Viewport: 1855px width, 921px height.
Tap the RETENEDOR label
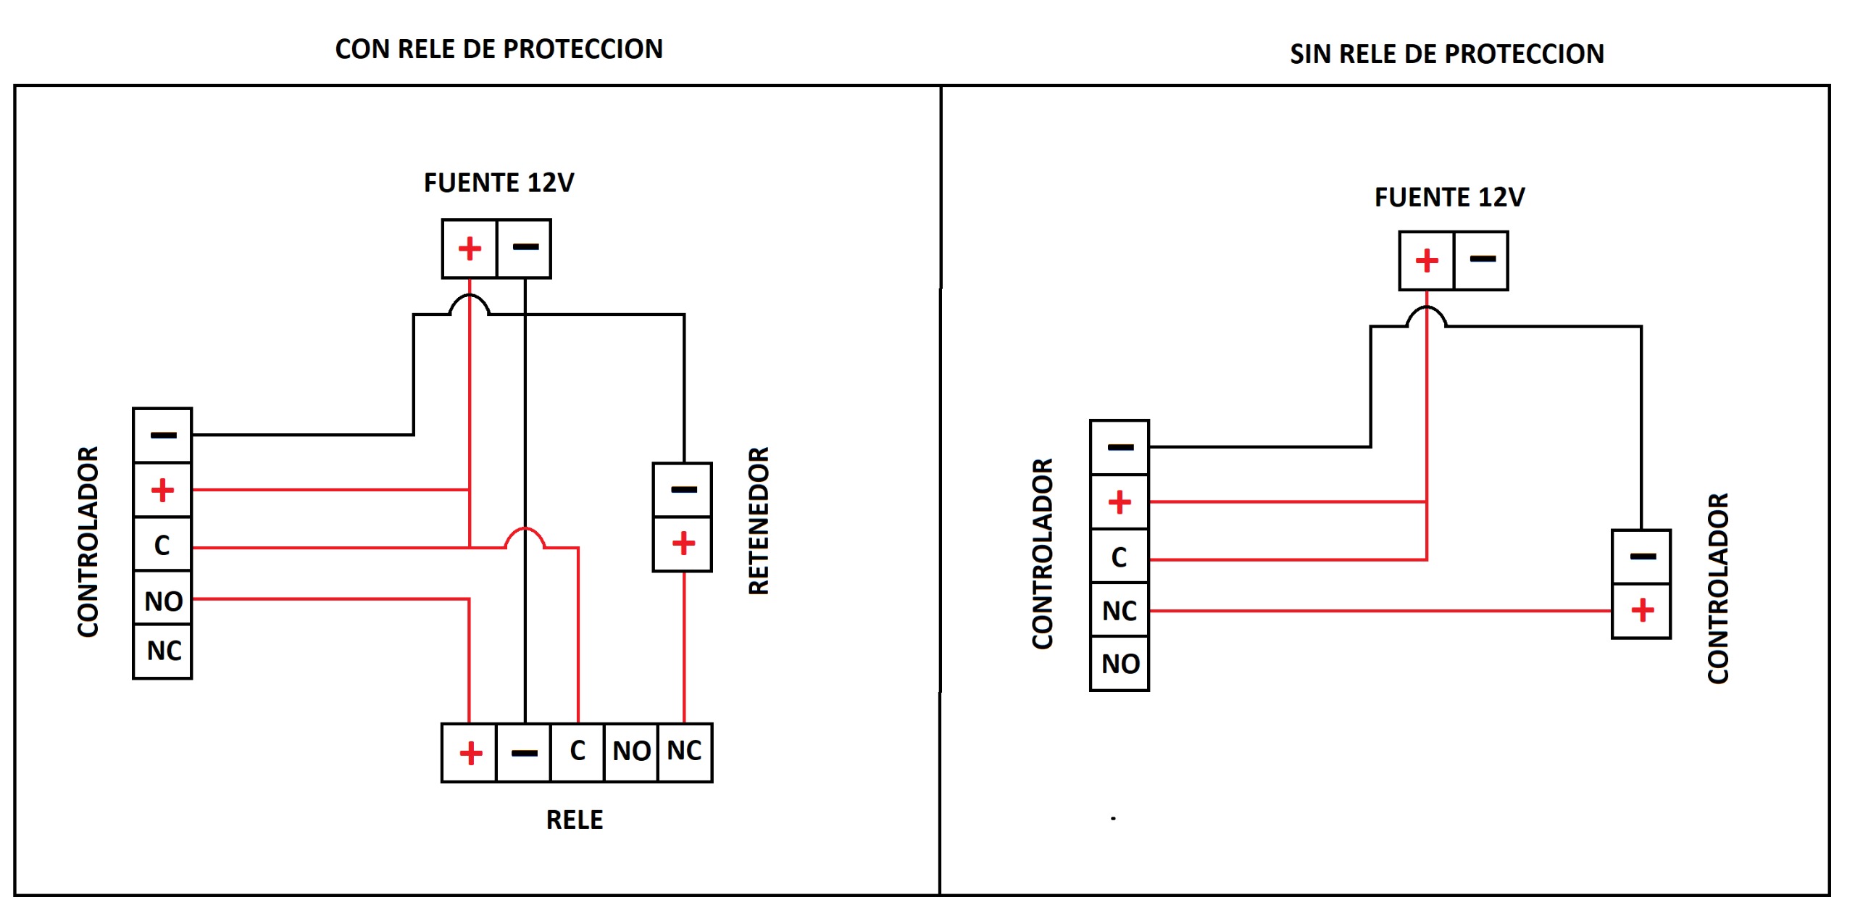click(758, 520)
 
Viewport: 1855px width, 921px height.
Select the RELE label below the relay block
click(574, 820)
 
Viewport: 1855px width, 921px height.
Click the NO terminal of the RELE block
click(631, 751)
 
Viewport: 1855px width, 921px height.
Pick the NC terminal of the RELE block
click(685, 751)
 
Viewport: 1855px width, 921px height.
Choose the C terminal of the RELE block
click(578, 751)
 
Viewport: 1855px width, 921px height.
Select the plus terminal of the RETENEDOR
click(683, 543)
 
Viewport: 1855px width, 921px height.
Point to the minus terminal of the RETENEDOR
click(683, 490)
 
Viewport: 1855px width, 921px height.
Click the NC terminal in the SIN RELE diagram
click(1120, 611)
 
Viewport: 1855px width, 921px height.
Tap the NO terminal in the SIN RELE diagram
click(1120, 664)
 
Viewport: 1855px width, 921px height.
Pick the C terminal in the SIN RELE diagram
click(1120, 557)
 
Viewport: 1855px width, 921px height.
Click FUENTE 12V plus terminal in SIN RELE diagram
click(1427, 261)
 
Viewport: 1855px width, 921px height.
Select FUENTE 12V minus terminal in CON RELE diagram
click(525, 249)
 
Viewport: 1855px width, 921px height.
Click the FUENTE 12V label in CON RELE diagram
click(499, 183)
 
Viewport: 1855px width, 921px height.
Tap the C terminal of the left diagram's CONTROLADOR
click(162, 545)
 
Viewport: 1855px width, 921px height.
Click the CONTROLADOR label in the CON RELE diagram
click(88, 541)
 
